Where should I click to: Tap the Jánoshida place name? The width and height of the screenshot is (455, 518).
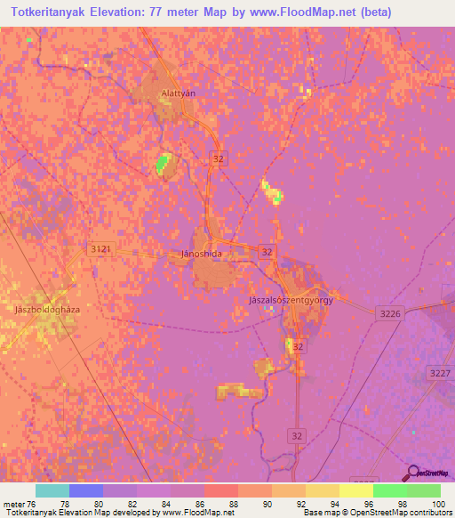coord(201,254)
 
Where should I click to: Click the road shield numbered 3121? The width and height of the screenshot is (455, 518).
coord(100,250)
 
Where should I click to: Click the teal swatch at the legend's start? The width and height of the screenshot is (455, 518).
coord(52,490)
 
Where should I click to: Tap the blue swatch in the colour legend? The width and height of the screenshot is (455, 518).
coord(86,490)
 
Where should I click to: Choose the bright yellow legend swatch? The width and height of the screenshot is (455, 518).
coord(356,490)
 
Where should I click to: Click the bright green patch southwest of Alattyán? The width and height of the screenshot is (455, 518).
coord(163,163)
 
